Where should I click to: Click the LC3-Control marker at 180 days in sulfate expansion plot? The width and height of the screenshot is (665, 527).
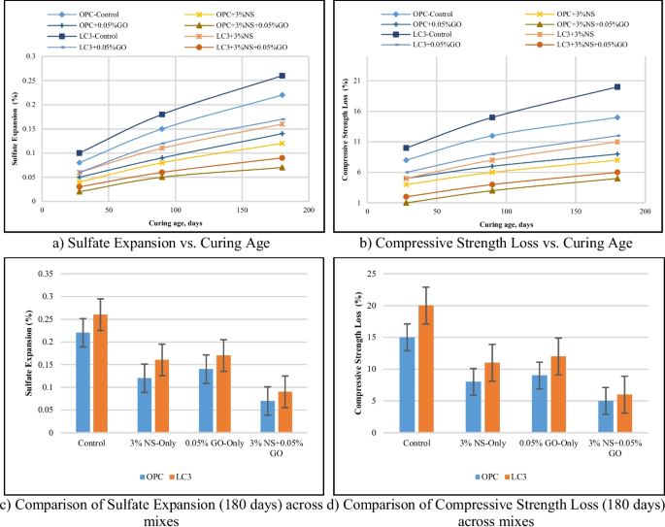click(x=282, y=76)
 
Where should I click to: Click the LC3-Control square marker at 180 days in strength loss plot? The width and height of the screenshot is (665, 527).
click(x=617, y=86)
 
